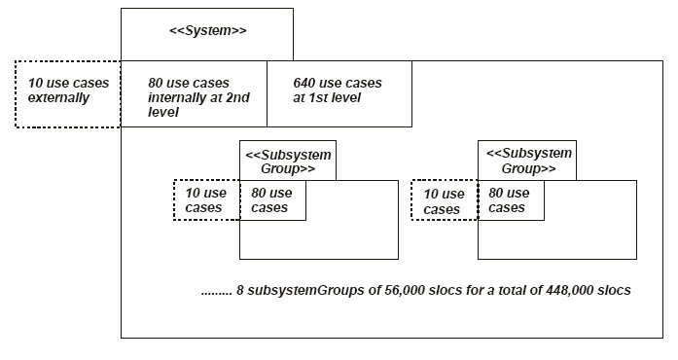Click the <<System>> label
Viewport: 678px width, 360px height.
(207, 31)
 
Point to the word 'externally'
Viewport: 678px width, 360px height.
(58, 98)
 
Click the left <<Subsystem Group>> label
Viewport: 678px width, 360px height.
(288, 162)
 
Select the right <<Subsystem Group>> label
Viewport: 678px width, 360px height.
(528, 161)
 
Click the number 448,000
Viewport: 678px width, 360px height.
(569, 290)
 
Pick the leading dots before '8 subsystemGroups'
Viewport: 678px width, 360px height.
(217, 294)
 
